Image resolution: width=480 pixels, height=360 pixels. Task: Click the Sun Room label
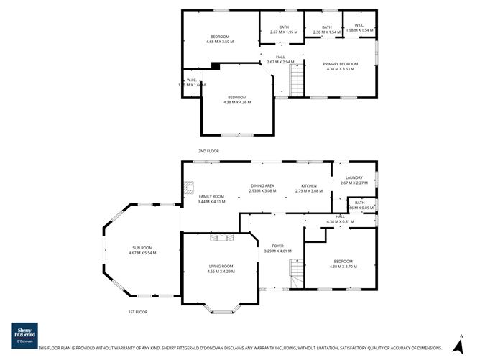(142, 251)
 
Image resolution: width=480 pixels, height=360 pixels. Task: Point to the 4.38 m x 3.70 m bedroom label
(343, 263)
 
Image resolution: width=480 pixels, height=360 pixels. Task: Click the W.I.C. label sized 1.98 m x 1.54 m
(360, 28)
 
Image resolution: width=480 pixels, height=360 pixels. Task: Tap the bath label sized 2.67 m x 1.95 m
(279, 29)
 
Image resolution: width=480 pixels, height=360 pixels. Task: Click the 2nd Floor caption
(208, 151)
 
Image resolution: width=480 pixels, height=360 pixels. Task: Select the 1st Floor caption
(137, 312)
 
